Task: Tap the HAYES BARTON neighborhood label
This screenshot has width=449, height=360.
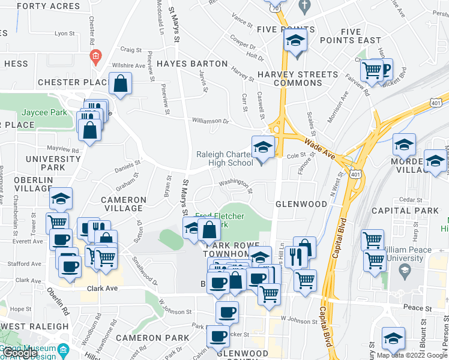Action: coord(192,63)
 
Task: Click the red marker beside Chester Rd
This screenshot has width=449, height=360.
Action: coord(95,58)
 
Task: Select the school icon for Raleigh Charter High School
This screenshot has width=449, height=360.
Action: coord(262,146)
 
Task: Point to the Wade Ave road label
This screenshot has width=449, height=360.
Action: coord(318,144)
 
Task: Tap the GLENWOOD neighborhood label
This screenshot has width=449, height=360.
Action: coord(301,204)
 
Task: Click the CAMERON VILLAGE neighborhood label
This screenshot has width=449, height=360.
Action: coord(124,204)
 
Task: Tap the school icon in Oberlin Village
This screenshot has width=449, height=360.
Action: coord(61,198)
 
